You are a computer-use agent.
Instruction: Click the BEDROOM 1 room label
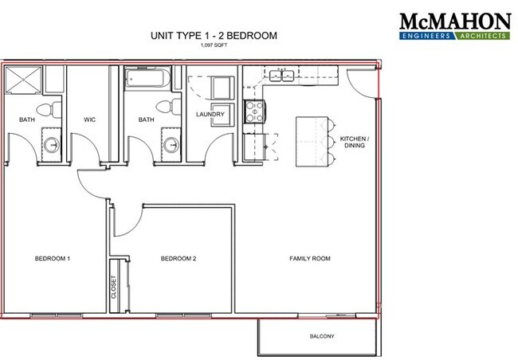point(52,259)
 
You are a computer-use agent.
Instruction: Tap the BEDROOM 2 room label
point(179,259)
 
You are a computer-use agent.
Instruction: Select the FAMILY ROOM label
point(310,259)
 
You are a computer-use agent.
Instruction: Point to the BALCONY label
point(322,336)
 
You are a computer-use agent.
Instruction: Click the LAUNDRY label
point(210,114)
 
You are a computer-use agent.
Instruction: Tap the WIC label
point(89,119)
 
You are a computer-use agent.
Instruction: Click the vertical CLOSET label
point(114,287)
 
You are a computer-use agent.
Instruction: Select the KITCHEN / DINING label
point(353,142)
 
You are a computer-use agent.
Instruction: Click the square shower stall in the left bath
point(24,80)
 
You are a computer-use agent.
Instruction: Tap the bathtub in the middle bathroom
point(147,78)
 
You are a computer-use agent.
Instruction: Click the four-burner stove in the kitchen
point(254,112)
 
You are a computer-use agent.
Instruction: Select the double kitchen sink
point(282,76)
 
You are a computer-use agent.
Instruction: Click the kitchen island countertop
point(312,141)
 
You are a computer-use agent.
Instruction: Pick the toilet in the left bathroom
point(49,110)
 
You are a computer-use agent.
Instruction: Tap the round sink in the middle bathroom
point(171,145)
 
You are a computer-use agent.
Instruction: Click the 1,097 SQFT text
point(214,45)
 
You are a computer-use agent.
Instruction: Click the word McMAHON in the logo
point(455,22)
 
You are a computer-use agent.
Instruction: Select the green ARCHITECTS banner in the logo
point(482,36)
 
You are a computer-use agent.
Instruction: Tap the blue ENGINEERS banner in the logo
point(426,36)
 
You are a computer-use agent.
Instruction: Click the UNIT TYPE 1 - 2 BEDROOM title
point(214,35)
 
